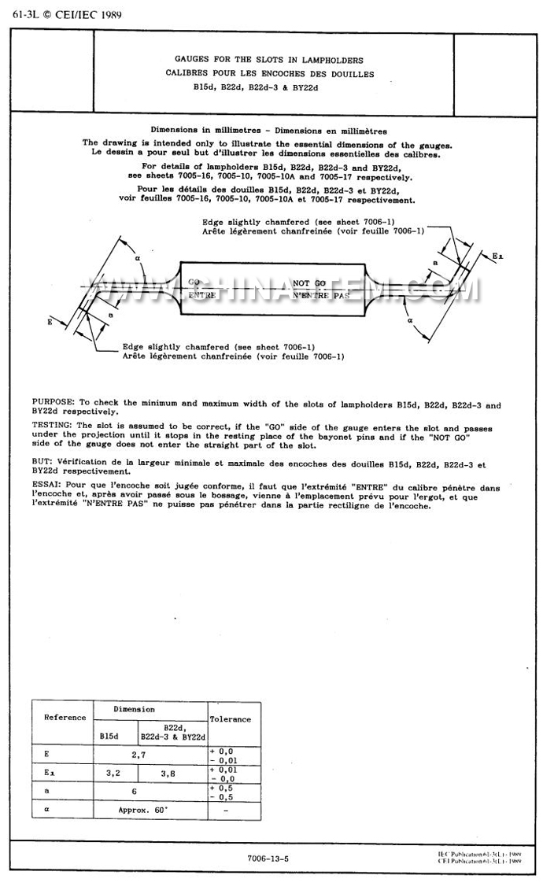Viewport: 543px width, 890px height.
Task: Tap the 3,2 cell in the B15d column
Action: click(115, 774)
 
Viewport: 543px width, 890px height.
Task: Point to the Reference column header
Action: click(65, 718)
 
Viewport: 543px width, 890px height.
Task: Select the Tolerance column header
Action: click(230, 718)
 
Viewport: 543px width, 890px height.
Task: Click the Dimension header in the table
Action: click(135, 709)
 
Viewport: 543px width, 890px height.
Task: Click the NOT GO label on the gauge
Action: click(309, 282)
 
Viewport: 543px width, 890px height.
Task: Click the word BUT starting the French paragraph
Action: click(40, 464)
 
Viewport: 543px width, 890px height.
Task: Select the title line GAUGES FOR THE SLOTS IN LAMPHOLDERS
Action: click(269, 60)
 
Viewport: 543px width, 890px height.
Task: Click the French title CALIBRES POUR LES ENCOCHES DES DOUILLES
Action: click(269, 74)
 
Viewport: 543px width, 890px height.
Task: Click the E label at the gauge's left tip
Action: click(50, 323)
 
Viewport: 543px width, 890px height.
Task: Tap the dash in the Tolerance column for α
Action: click(226, 809)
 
